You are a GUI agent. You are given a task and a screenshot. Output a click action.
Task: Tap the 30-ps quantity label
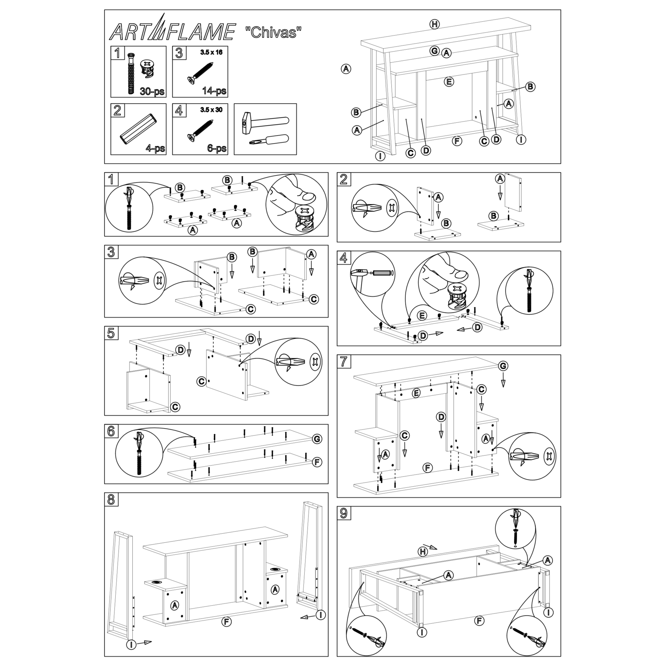(152, 91)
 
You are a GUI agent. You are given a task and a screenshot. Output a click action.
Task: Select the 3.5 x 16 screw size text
(211, 53)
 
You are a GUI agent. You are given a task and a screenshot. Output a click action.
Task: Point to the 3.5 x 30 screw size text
(211, 110)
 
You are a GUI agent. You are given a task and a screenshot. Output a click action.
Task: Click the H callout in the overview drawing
(434, 24)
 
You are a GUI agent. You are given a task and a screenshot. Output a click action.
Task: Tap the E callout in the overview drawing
(448, 82)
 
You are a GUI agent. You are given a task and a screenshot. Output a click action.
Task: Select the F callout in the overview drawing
(457, 141)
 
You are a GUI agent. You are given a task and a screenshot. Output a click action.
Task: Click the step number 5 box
(111, 333)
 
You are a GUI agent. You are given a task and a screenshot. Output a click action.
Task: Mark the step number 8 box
(111, 499)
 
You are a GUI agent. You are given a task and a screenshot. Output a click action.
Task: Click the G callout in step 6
(317, 439)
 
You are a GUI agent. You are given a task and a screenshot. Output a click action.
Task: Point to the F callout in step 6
(317, 462)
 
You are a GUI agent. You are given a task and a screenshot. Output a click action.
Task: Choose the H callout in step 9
(423, 551)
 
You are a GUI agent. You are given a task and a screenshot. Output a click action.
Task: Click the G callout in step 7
(503, 366)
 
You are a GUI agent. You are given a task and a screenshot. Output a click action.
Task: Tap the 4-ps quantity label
(155, 148)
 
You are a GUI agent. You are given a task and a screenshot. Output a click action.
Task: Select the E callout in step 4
(422, 316)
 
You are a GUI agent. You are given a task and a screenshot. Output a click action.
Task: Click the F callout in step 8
(226, 622)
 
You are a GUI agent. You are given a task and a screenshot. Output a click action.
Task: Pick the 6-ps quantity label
(217, 148)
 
